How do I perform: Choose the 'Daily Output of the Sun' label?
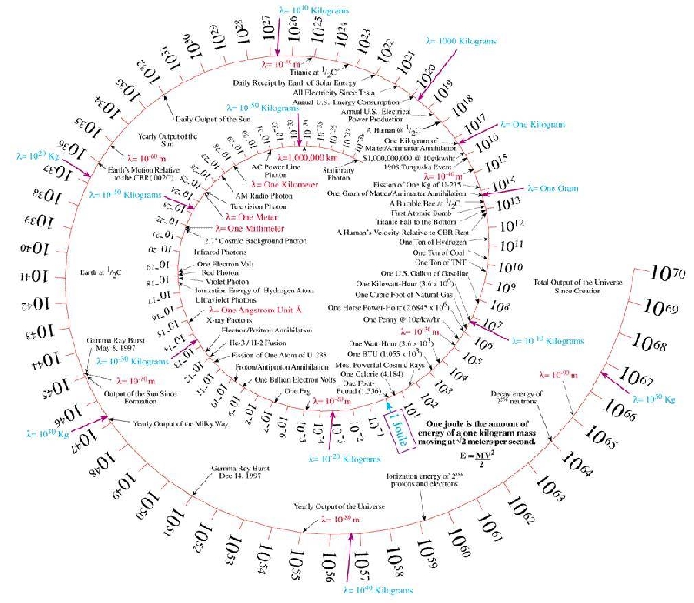213,118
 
